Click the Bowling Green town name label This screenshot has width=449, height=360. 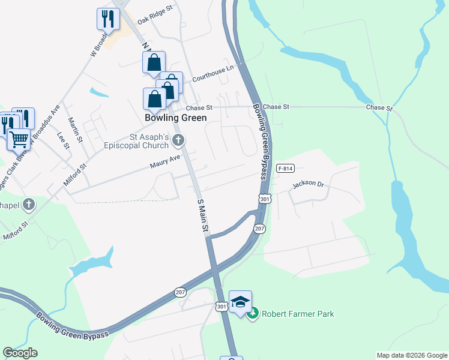tap(176, 118)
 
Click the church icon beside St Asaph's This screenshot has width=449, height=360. tap(178, 141)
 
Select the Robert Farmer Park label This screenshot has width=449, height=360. tap(297, 314)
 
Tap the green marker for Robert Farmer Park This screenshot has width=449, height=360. tap(253, 313)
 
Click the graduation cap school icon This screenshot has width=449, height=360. tap(240, 301)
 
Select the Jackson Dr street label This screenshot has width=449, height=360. tap(308, 184)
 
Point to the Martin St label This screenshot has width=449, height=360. tap(75, 130)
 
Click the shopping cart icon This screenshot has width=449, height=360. tap(19, 139)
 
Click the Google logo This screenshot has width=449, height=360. tap(20, 353)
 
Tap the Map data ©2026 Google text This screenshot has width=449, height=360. tap(411, 355)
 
